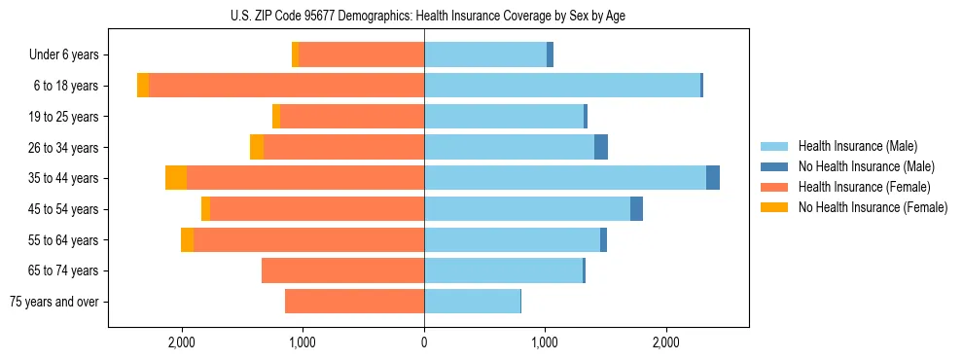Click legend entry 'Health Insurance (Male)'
(x=857, y=146)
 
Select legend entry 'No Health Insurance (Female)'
(x=873, y=207)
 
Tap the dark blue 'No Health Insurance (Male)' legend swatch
(x=774, y=166)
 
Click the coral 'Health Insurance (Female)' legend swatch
(x=774, y=187)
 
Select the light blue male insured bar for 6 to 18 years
(x=562, y=86)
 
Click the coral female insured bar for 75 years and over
(x=354, y=302)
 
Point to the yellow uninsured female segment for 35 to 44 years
(x=176, y=178)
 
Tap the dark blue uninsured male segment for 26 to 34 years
(x=601, y=147)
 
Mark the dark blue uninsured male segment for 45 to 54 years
(x=636, y=209)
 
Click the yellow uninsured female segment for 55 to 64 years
(x=187, y=240)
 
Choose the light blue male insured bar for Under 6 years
(x=485, y=55)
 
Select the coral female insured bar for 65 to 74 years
(x=342, y=270)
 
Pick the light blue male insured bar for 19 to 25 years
(x=504, y=117)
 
